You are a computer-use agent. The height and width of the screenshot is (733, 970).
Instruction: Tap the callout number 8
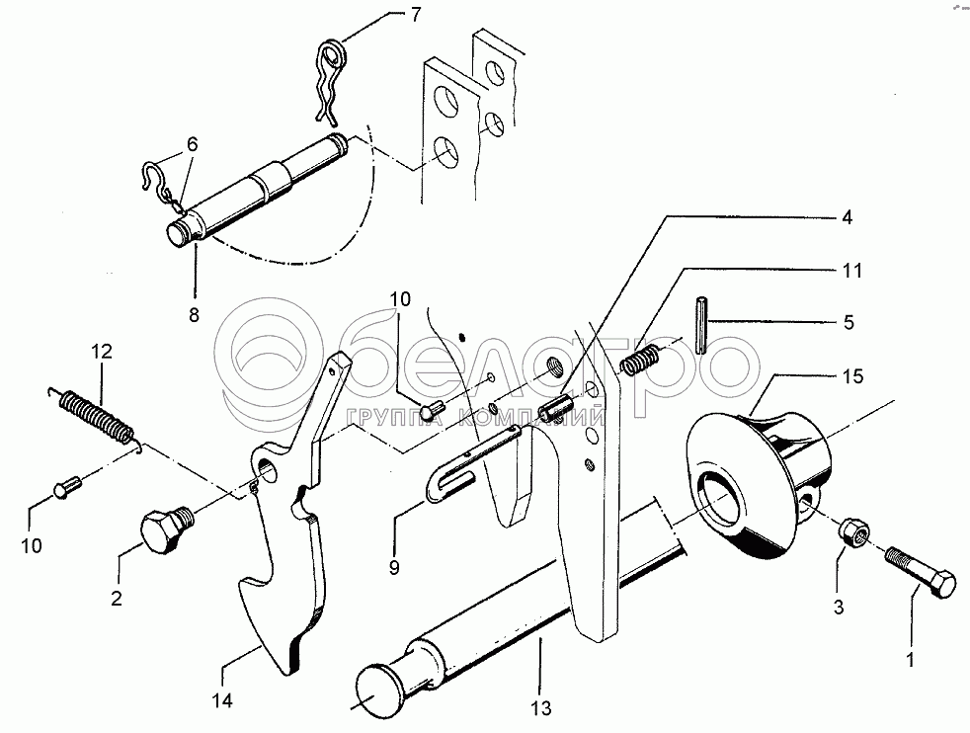[194, 315]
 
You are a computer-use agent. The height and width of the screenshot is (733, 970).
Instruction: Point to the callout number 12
[103, 351]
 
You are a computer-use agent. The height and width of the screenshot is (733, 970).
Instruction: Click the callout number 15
[853, 375]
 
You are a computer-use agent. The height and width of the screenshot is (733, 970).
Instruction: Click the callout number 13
[540, 706]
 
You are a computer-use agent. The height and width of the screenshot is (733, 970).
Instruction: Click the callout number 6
[193, 143]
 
